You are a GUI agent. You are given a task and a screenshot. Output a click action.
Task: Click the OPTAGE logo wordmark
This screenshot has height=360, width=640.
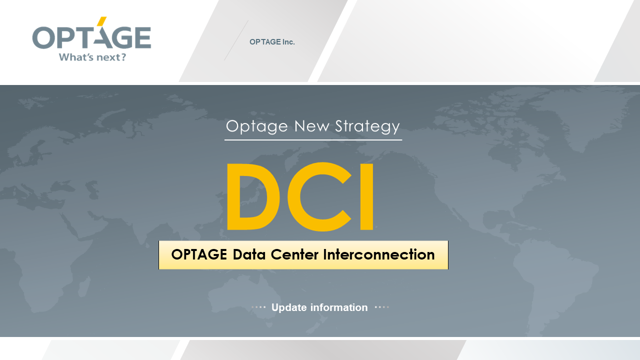[x=91, y=37]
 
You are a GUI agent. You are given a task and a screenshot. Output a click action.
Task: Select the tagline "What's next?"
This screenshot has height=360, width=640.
[x=92, y=57]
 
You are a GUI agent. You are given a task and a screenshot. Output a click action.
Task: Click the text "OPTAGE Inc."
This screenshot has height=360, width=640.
[x=272, y=42]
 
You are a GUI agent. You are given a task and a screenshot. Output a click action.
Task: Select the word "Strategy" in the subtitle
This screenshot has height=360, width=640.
[x=367, y=126]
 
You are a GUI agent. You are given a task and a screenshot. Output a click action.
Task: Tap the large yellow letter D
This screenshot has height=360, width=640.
[x=252, y=196]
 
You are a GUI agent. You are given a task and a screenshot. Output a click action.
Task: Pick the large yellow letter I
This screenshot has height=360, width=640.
[x=366, y=196]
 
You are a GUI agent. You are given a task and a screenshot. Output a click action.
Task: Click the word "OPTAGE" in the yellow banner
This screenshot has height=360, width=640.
[x=199, y=254]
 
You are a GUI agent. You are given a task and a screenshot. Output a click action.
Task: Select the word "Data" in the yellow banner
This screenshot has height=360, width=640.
[x=249, y=254]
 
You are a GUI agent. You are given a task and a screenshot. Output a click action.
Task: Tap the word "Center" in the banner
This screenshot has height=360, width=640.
[x=294, y=254]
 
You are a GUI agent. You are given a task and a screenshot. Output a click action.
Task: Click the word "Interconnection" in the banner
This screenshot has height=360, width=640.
[x=378, y=254]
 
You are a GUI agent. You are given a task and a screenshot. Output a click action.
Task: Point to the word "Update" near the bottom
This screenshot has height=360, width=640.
[x=289, y=307]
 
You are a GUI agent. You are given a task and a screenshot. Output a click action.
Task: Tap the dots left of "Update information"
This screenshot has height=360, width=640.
[x=258, y=307]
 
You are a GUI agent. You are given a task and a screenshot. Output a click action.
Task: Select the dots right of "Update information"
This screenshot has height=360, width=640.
[x=381, y=307]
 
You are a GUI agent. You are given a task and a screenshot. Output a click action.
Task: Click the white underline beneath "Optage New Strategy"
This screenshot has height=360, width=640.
[x=313, y=140]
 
